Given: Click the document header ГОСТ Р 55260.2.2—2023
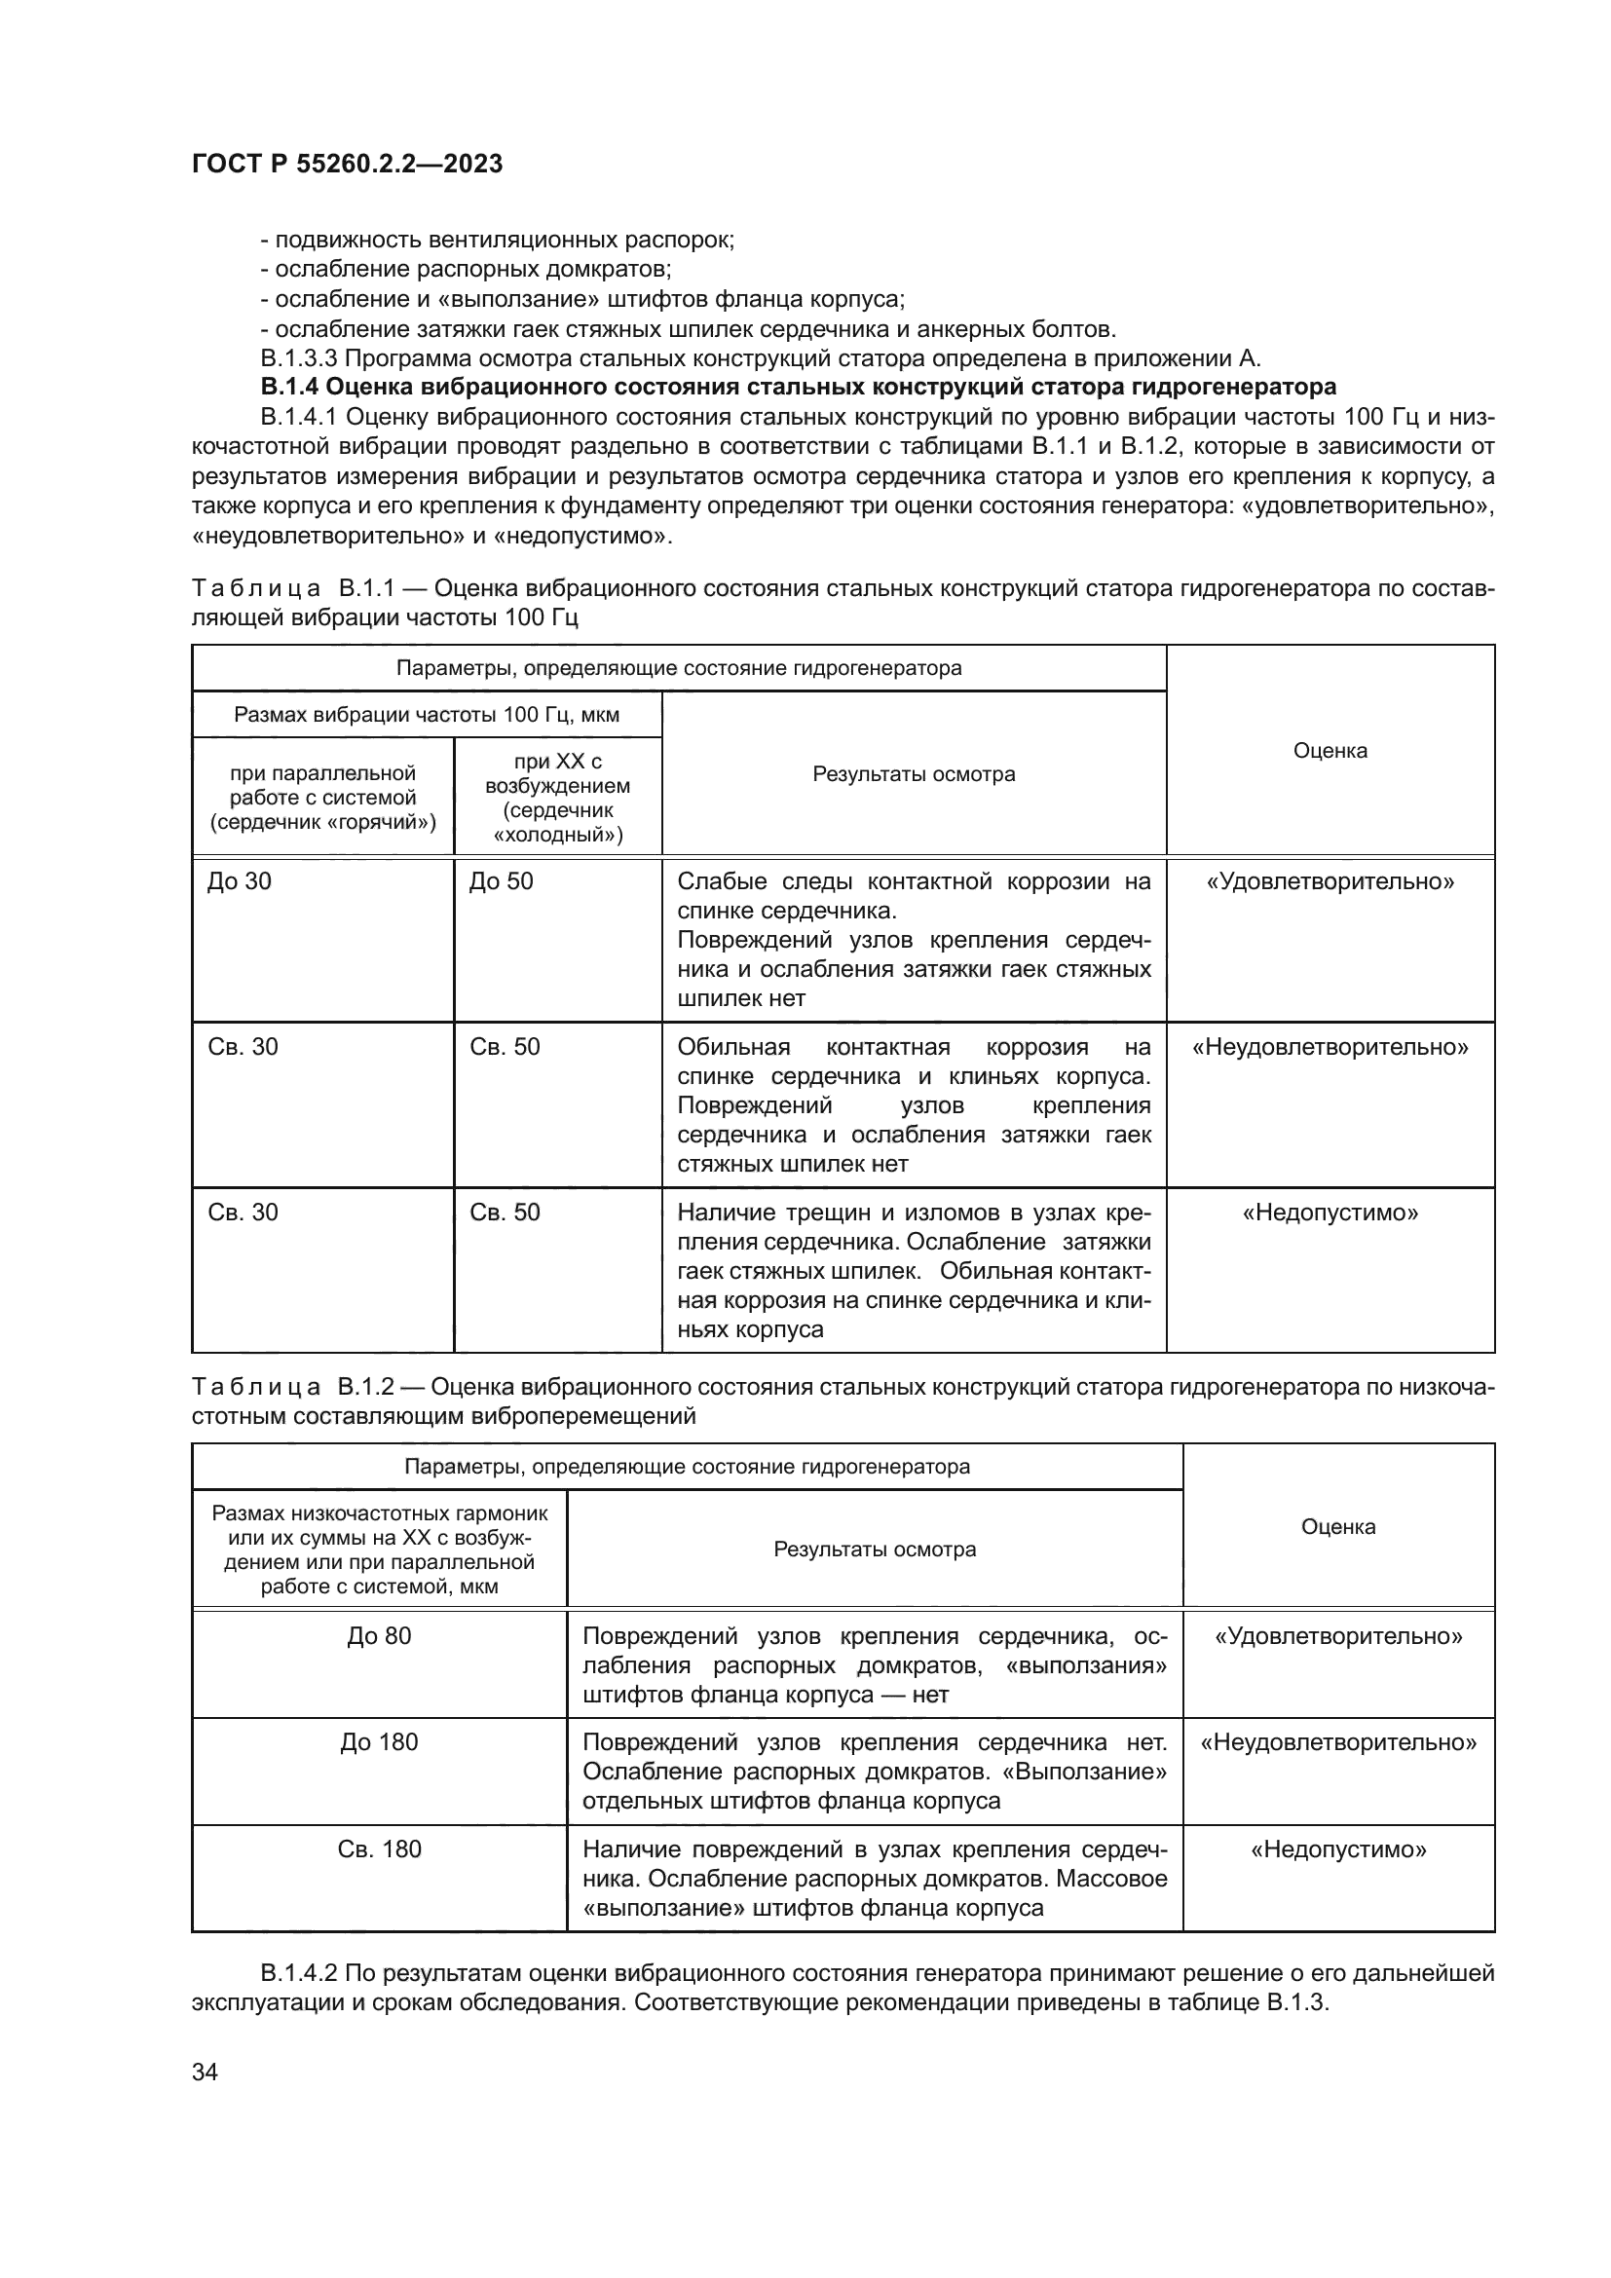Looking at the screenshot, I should [x=347, y=164].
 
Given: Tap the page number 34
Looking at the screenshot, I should [x=205, y=2072].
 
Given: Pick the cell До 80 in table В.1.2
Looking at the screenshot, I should [x=379, y=1636].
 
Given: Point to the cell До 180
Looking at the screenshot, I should [x=379, y=1742].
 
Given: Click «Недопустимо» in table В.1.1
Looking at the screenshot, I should [x=1330, y=1213].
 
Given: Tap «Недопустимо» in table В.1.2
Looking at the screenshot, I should [x=1338, y=1849].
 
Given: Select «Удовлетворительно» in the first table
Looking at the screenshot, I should [x=1330, y=881].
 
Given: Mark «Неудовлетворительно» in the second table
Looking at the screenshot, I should [x=1338, y=1742].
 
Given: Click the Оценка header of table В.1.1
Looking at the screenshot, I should [x=1330, y=750].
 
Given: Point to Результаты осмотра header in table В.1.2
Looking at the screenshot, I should [x=874, y=1549].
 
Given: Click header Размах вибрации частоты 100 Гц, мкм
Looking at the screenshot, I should [x=426, y=714].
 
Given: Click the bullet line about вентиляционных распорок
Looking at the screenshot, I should [x=497, y=240].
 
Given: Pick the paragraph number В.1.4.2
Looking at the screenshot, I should [x=302, y=1972].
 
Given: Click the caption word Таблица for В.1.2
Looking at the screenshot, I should [x=255, y=1386].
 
